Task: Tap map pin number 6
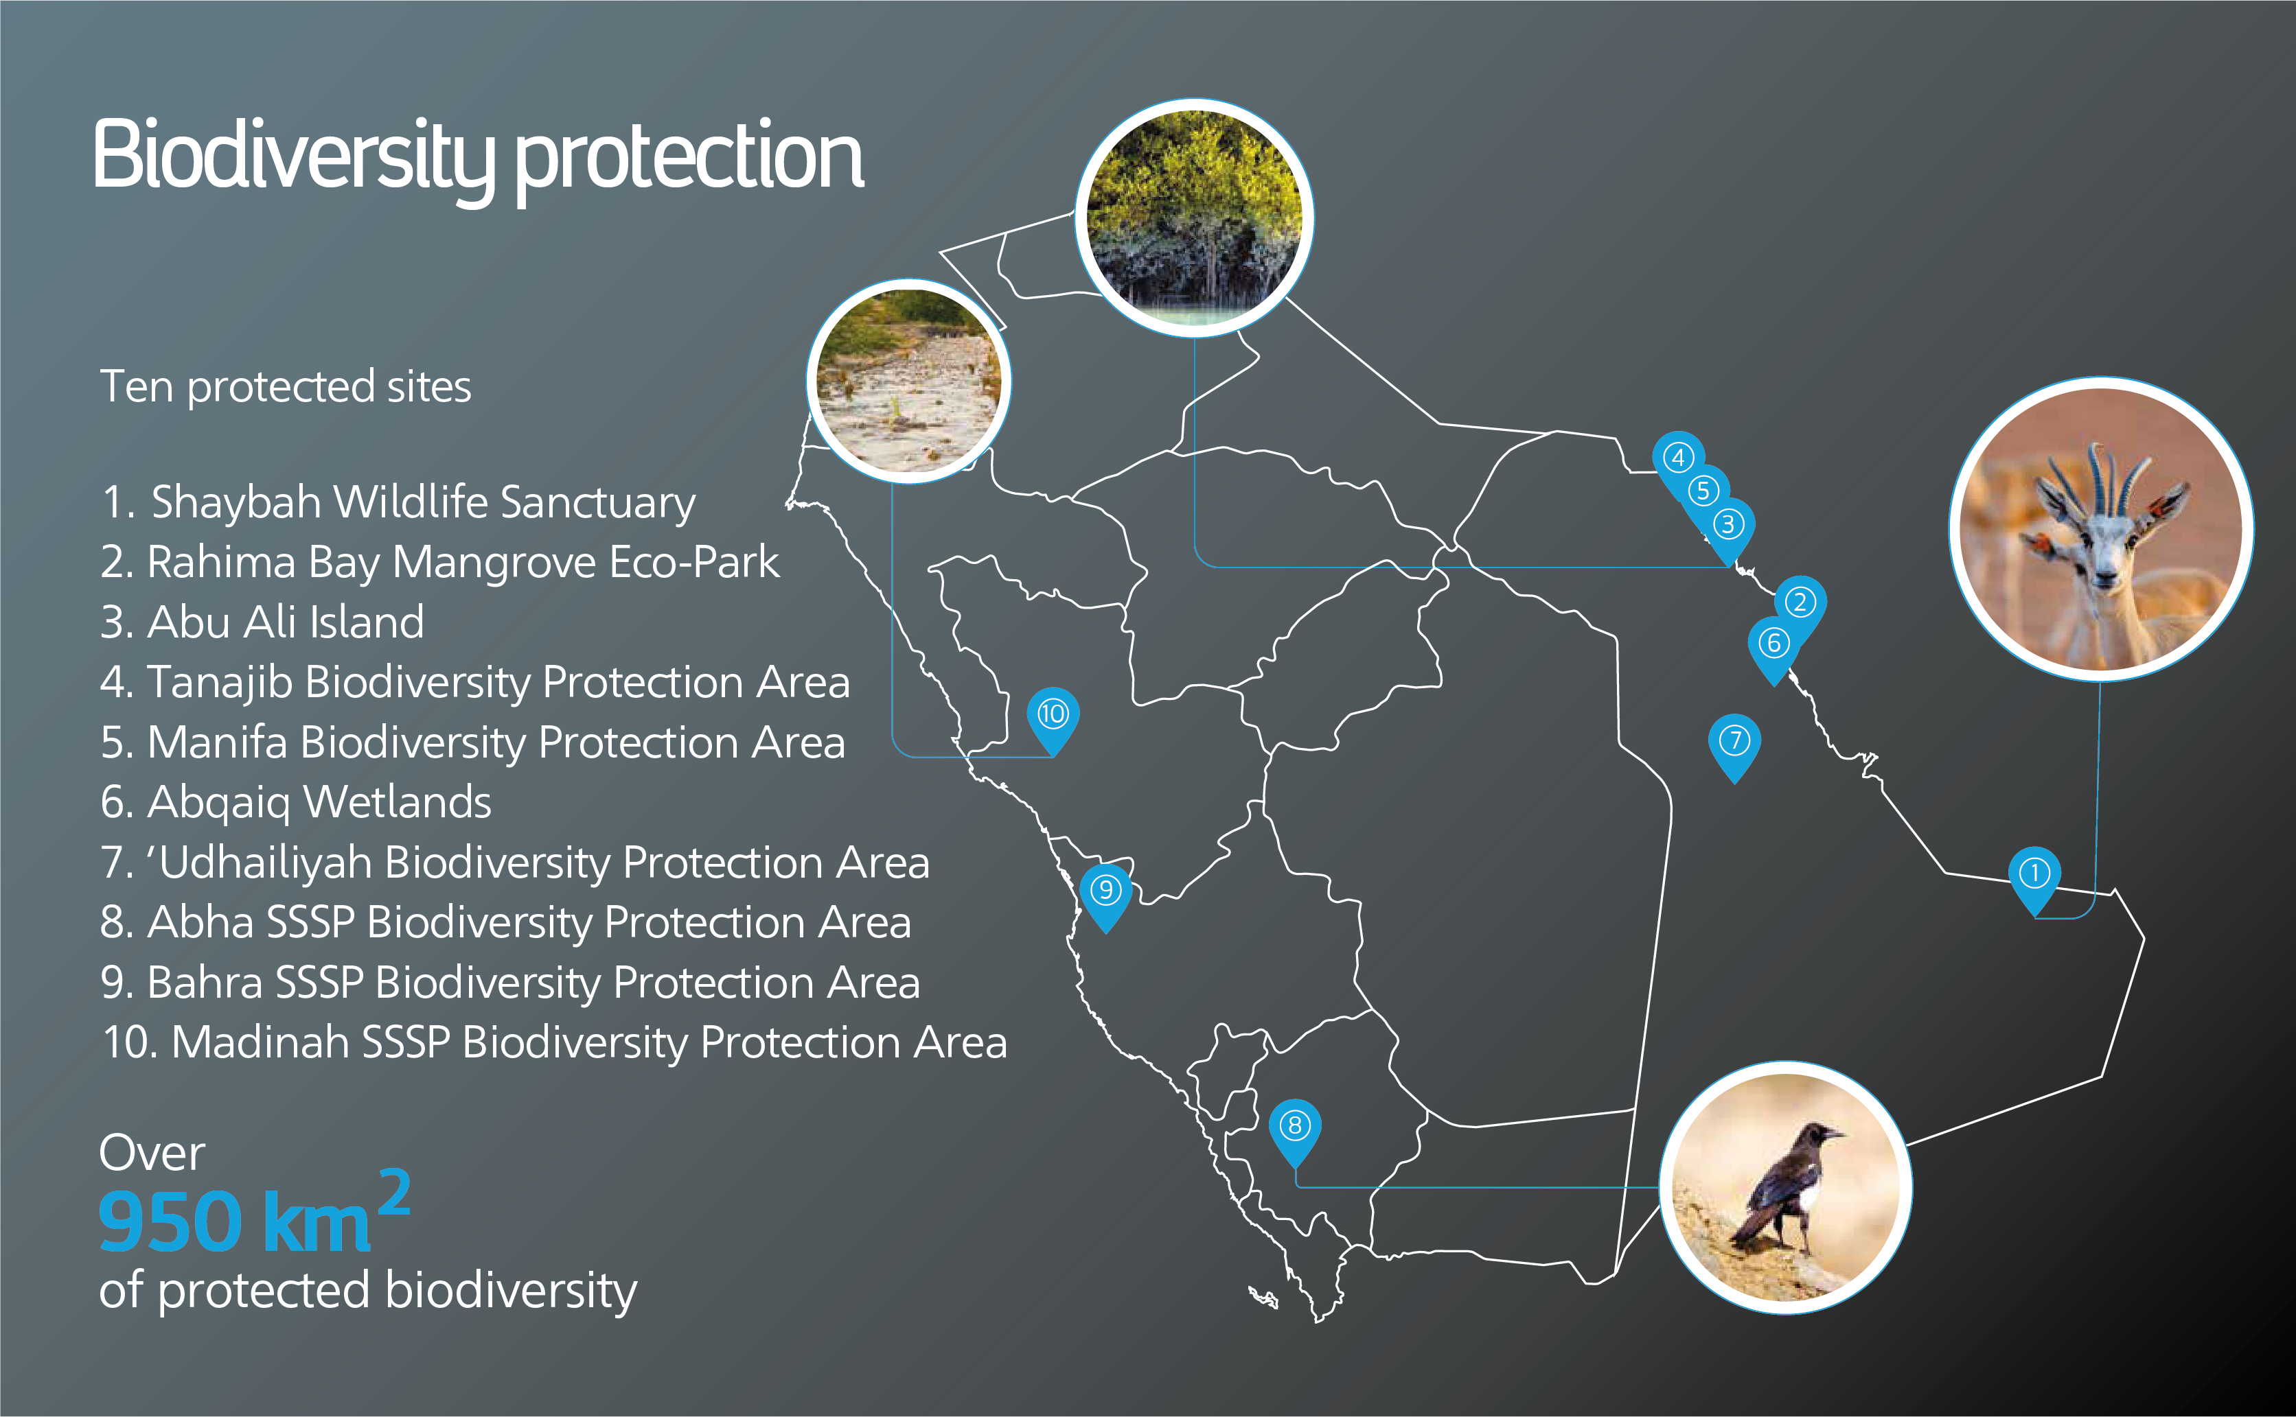[x=1773, y=648]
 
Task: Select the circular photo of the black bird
[x=1786, y=1187]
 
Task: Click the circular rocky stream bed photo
[x=908, y=380]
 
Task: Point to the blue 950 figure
[x=171, y=1221]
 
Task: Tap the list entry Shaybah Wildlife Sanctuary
[x=398, y=502]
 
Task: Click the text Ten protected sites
[x=285, y=387]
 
